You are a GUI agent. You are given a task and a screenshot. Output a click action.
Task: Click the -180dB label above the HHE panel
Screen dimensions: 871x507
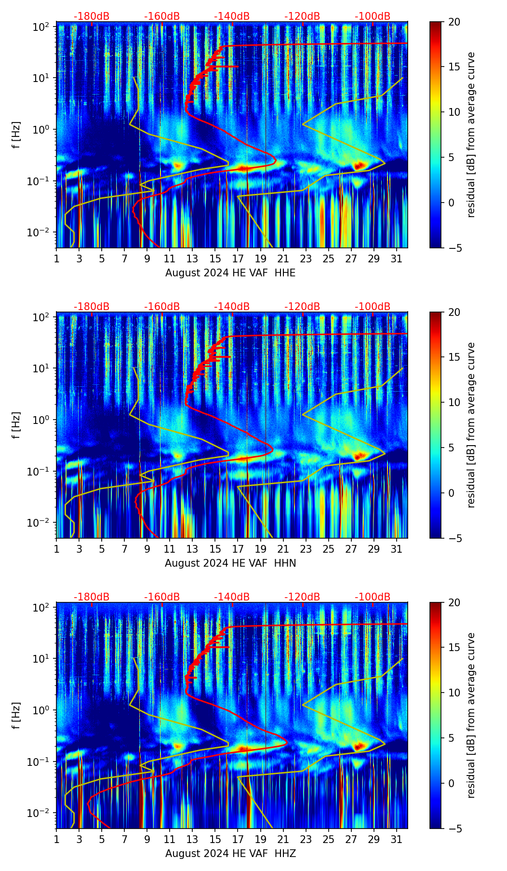92,16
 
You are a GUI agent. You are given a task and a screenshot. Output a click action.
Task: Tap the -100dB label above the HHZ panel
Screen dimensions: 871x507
373,597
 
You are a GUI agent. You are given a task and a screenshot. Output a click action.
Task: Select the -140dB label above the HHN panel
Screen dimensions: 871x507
232,307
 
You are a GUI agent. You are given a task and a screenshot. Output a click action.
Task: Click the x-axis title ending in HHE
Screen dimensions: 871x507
230,273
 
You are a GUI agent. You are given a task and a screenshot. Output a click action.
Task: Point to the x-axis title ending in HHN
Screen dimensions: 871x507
230,563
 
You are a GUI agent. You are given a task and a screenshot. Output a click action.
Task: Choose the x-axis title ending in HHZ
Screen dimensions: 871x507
230,854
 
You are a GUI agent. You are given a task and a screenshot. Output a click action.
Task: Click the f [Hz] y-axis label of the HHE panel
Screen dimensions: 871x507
16,135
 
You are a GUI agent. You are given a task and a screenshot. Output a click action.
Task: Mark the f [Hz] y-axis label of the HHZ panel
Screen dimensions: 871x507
16,715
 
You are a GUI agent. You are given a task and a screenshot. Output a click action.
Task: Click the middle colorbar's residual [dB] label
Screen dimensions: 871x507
471,425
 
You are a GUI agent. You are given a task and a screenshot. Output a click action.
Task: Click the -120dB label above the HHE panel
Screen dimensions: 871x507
302,16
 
